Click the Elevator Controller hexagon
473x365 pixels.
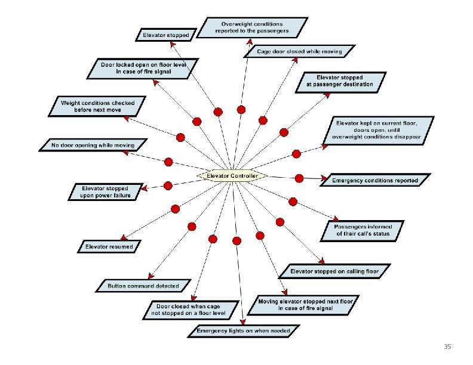(232, 176)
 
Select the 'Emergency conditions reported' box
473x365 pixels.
(375, 180)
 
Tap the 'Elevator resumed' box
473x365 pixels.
(109, 247)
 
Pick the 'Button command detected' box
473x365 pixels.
(143, 286)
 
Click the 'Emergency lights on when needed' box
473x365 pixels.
(244, 331)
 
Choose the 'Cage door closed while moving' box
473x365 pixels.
(299, 51)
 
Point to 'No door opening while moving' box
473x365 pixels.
(93, 145)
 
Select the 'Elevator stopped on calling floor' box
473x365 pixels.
(334, 271)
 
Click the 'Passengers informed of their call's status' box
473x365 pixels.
(363, 230)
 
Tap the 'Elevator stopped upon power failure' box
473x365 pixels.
(106, 192)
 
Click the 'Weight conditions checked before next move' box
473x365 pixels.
(97, 106)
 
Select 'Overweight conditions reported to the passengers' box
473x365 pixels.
(252, 27)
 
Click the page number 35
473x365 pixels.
(447, 347)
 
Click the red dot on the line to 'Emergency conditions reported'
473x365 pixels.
(299, 178)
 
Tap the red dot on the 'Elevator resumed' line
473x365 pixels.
(175, 209)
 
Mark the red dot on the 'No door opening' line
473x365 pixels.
(168, 162)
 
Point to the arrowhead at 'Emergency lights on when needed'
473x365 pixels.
(243, 321)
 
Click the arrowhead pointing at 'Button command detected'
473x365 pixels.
(151, 276)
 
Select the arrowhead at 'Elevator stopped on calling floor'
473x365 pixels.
(322, 261)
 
